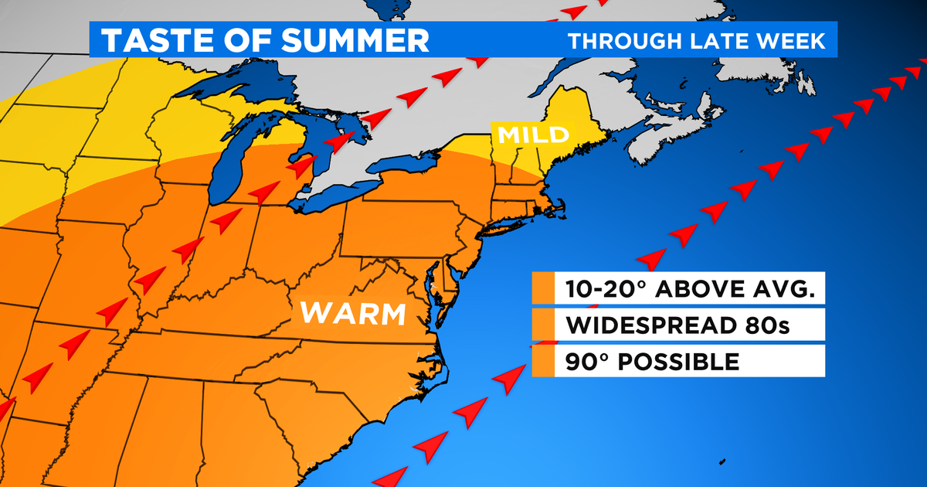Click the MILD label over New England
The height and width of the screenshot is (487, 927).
534,134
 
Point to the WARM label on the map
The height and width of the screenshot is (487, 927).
353,313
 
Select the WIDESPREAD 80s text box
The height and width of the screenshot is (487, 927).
680,325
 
